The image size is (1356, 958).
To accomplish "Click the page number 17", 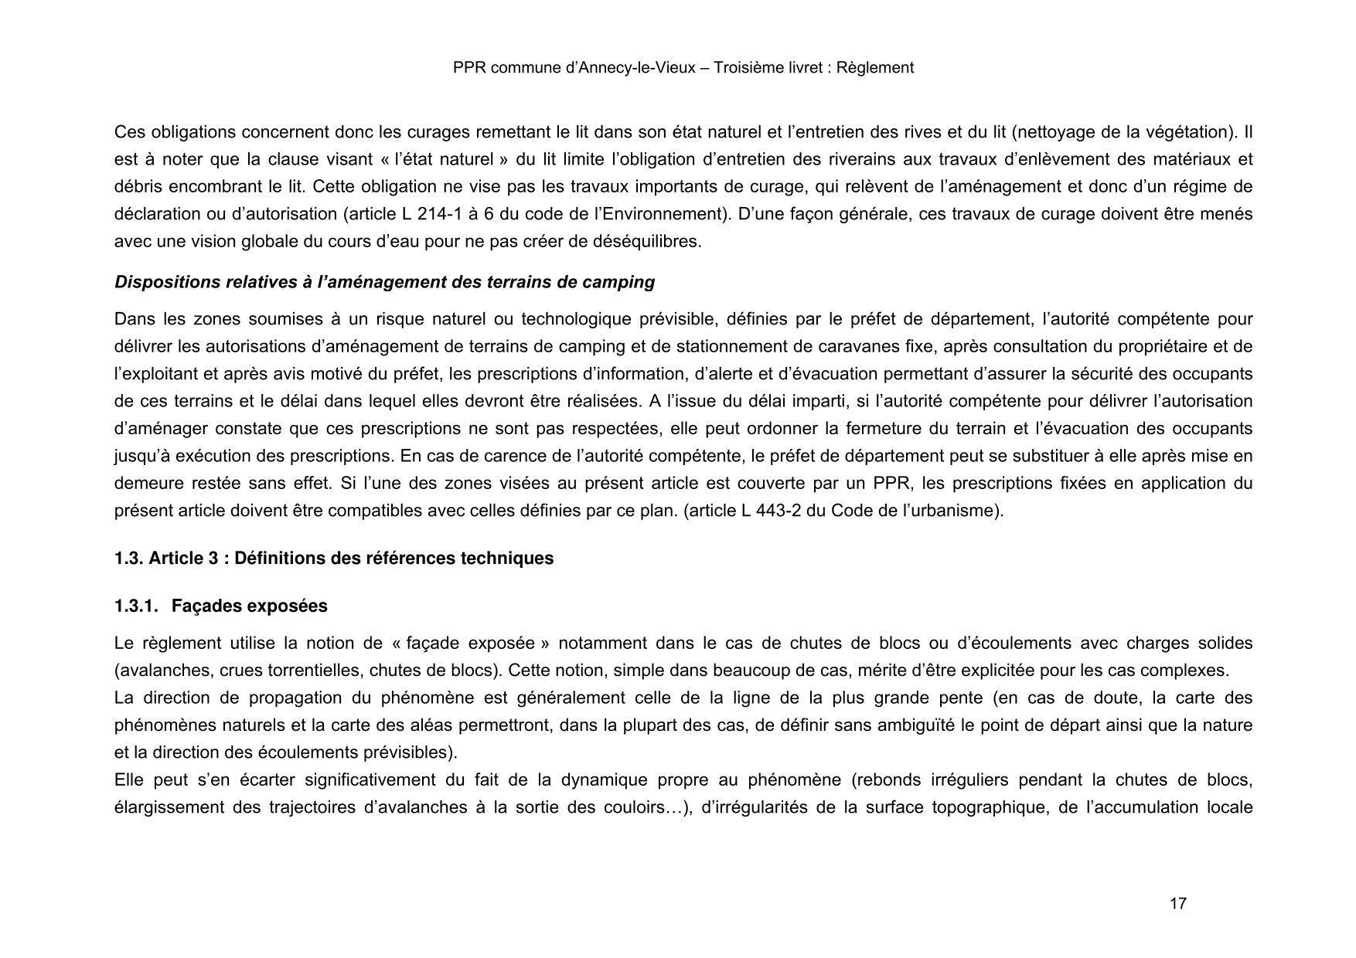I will (1178, 904).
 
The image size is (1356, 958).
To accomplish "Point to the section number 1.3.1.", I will (136, 606).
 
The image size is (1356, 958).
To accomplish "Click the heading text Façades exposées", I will (250, 606).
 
